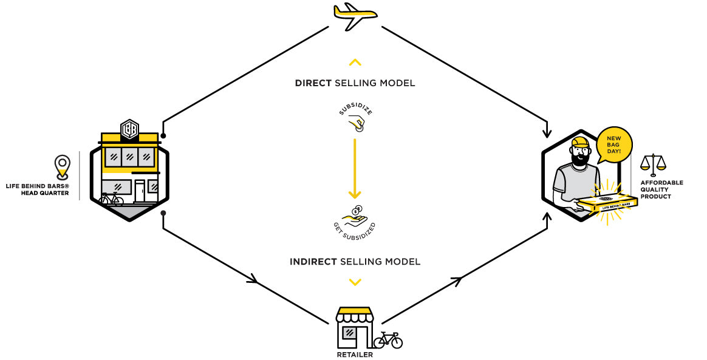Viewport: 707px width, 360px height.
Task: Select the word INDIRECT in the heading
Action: pos(313,262)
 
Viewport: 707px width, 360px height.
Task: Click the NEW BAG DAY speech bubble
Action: pos(614,146)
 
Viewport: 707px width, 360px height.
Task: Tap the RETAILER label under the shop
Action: pos(355,355)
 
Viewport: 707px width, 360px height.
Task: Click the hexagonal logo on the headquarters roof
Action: pos(129,129)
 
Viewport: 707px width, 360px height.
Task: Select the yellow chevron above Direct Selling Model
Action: pos(355,62)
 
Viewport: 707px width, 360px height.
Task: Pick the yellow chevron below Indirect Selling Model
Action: pos(355,282)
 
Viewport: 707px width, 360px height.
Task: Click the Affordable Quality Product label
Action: pos(661,189)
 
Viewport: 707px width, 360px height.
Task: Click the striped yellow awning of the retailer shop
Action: pos(354,314)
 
